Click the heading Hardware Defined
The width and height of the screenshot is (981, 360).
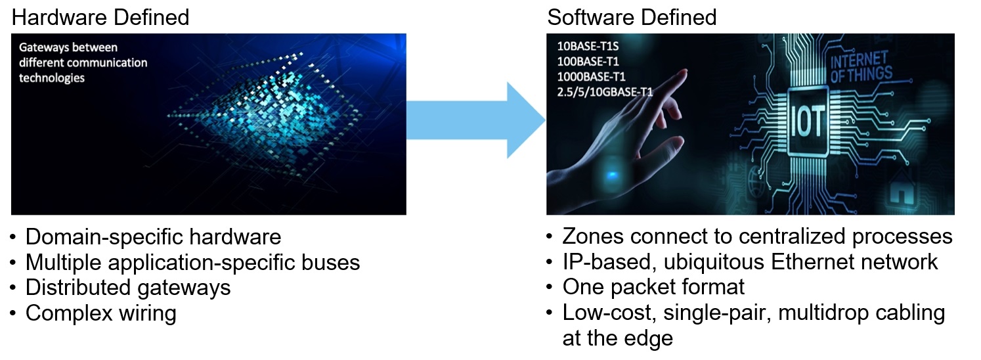click(x=100, y=18)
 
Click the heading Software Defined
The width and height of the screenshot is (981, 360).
click(x=632, y=18)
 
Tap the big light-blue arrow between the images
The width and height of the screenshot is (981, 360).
click(x=476, y=120)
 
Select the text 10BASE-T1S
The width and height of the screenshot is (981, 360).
click(x=588, y=46)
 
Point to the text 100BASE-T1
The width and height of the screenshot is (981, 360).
click(x=588, y=61)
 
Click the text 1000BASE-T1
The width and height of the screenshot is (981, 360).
click(x=591, y=77)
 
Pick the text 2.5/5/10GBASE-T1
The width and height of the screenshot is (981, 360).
click(x=605, y=92)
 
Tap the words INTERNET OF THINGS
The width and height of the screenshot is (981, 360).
click(x=861, y=67)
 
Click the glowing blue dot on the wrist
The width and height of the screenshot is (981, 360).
click(x=612, y=175)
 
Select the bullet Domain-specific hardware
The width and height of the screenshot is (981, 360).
click(x=153, y=237)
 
